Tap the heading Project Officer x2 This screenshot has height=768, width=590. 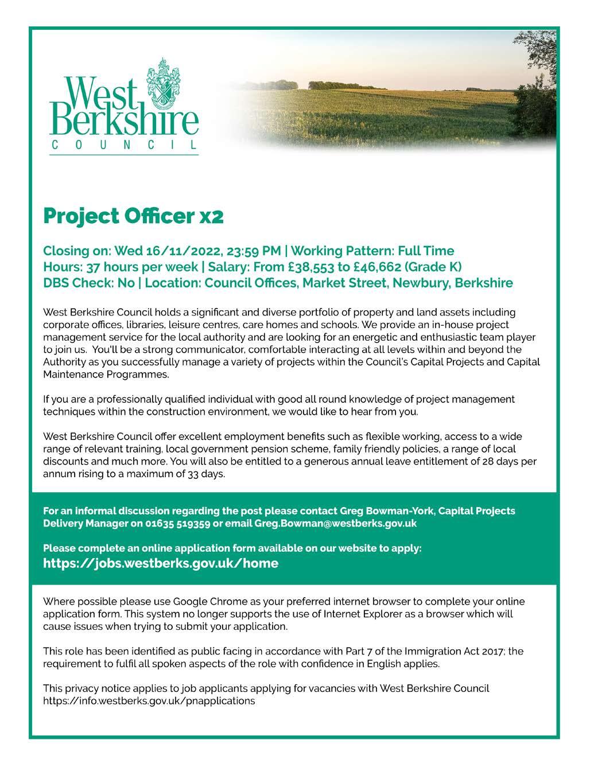pos(133,216)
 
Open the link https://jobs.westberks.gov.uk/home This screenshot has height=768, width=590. pos(161,563)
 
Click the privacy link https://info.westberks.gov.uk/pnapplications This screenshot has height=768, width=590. pos(149,701)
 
